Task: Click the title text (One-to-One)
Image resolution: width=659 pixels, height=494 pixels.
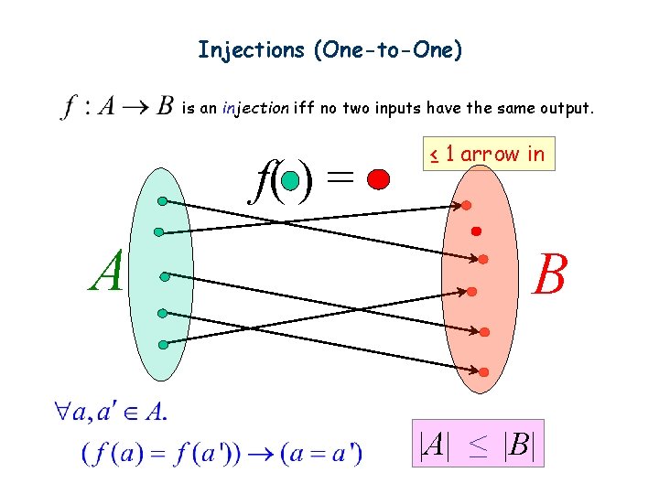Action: tap(388, 49)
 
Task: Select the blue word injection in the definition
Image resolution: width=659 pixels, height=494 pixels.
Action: tap(257, 108)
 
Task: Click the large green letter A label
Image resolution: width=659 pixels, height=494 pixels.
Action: tap(106, 272)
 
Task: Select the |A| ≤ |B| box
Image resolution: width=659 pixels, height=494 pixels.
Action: tap(477, 444)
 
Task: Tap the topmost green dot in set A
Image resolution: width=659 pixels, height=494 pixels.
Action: tap(161, 200)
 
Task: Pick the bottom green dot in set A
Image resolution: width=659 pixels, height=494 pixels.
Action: tap(163, 345)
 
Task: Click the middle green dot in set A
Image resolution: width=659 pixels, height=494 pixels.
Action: tap(164, 275)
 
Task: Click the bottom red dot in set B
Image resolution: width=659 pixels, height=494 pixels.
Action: tap(483, 372)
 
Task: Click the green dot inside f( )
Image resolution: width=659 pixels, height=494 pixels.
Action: tap(289, 180)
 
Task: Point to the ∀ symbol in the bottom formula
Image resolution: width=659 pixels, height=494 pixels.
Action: tap(62, 413)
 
